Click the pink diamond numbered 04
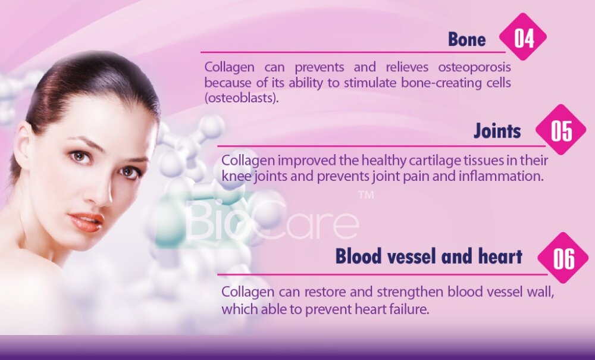523,37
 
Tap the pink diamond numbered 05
560,129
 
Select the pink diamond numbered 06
563,258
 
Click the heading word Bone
466,39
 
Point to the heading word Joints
497,131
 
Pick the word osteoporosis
474,67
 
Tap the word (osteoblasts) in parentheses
242,98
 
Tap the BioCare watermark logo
272,220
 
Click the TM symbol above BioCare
366,195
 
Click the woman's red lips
86,221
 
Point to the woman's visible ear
21,148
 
